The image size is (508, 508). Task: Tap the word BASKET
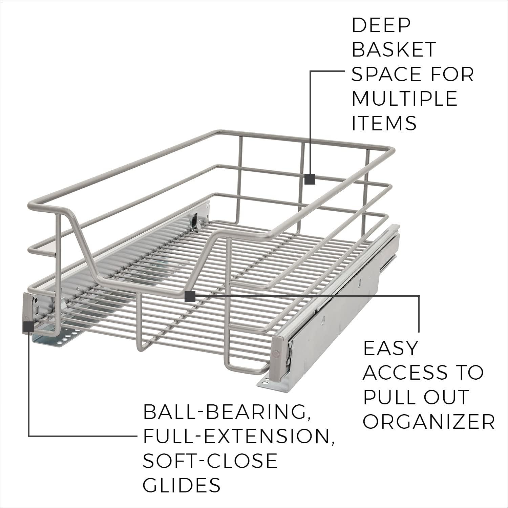coord(394,49)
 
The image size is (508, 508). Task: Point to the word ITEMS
coord(384,123)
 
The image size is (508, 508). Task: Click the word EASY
coord(390,348)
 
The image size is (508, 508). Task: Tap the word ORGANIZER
coord(429,422)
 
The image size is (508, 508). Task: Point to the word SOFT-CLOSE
coord(210,461)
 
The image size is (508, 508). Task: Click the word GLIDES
coord(182,485)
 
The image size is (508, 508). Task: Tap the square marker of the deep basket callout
coord(310,179)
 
